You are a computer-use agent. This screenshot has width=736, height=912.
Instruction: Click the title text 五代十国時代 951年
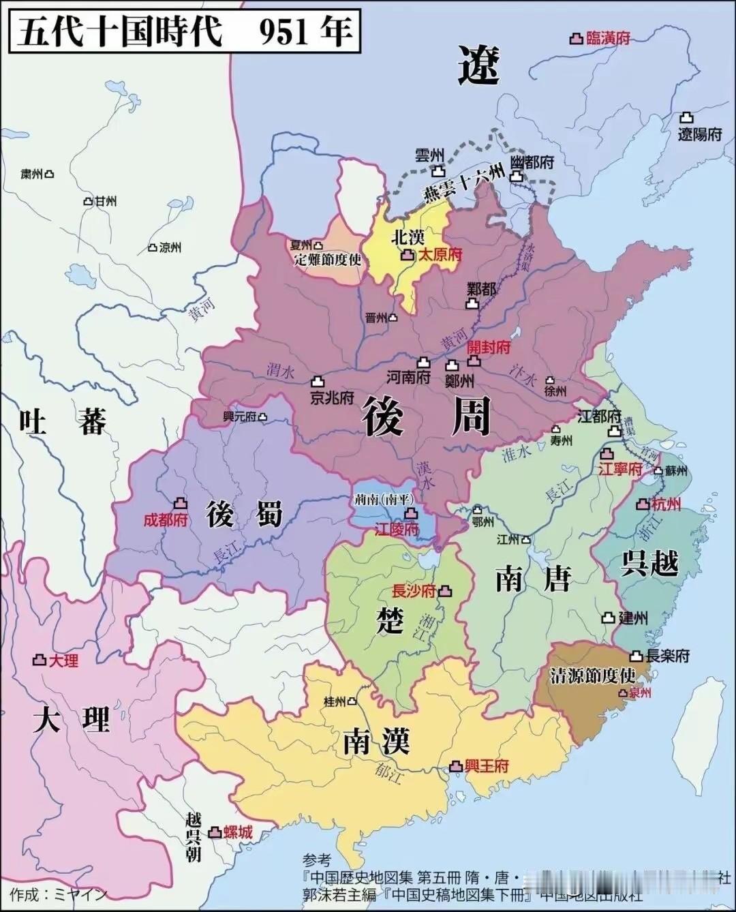(185, 31)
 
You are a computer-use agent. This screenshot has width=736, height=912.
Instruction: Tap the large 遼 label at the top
(478, 66)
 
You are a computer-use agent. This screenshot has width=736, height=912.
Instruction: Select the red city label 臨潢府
(608, 38)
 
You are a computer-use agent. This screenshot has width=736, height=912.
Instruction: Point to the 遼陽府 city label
(699, 134)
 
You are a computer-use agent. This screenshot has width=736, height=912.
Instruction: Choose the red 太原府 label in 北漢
(440, 255)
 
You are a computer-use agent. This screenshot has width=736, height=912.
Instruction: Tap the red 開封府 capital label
(489, 347)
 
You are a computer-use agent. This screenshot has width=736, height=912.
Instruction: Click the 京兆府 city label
(332, 397)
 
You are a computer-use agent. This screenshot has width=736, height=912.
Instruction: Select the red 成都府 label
(165, 520)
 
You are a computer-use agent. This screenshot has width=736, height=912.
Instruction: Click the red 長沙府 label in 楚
(414, 591)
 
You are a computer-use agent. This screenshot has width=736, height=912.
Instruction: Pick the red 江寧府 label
(620, 469)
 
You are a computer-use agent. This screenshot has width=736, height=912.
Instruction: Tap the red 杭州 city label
(666, 504)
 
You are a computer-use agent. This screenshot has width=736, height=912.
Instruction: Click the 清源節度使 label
(592, 675)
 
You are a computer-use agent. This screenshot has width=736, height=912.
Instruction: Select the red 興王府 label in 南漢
(487, 765)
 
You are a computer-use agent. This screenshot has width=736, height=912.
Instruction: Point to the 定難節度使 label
(327, 260)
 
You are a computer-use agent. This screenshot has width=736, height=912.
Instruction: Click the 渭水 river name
(280, 371)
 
